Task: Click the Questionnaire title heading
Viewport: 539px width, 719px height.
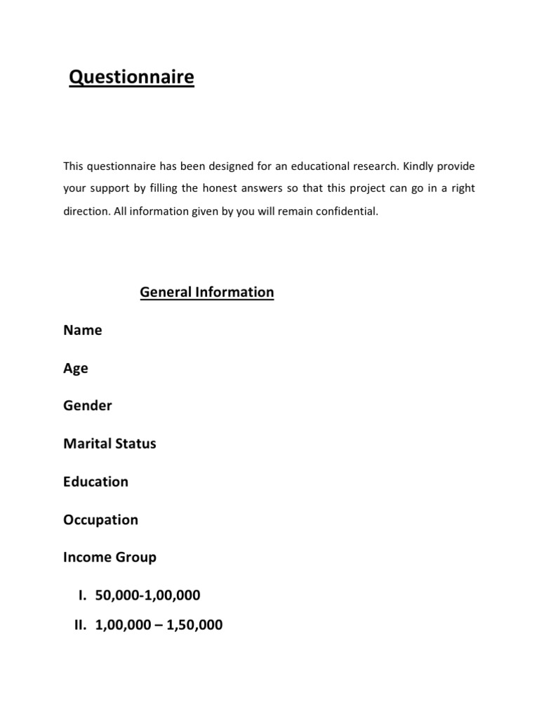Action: [131, 77]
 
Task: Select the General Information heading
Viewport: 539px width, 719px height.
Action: [207, 291]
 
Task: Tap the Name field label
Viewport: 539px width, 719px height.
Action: [82, 330]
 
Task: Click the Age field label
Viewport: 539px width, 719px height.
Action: [76, 369]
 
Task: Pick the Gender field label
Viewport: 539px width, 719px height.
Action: [88, 406]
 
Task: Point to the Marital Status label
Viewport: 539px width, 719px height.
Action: [109, 444]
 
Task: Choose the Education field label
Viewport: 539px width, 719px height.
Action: [95, 482]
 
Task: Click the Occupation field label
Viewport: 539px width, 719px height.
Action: [100, 520]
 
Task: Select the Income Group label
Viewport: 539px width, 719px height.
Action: [109, 558]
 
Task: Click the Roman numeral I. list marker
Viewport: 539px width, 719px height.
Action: [81, 595]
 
